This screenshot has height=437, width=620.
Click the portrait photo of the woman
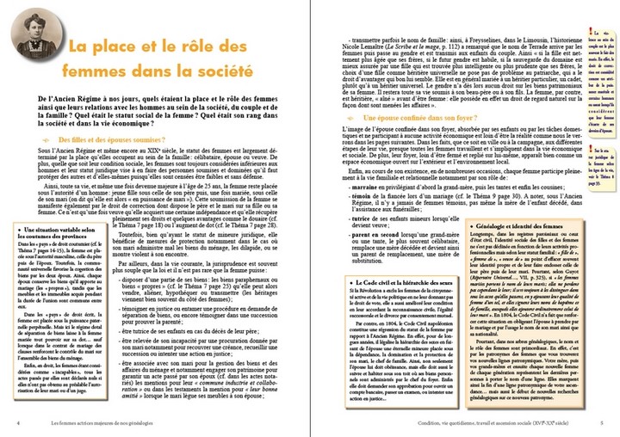[35, 39]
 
